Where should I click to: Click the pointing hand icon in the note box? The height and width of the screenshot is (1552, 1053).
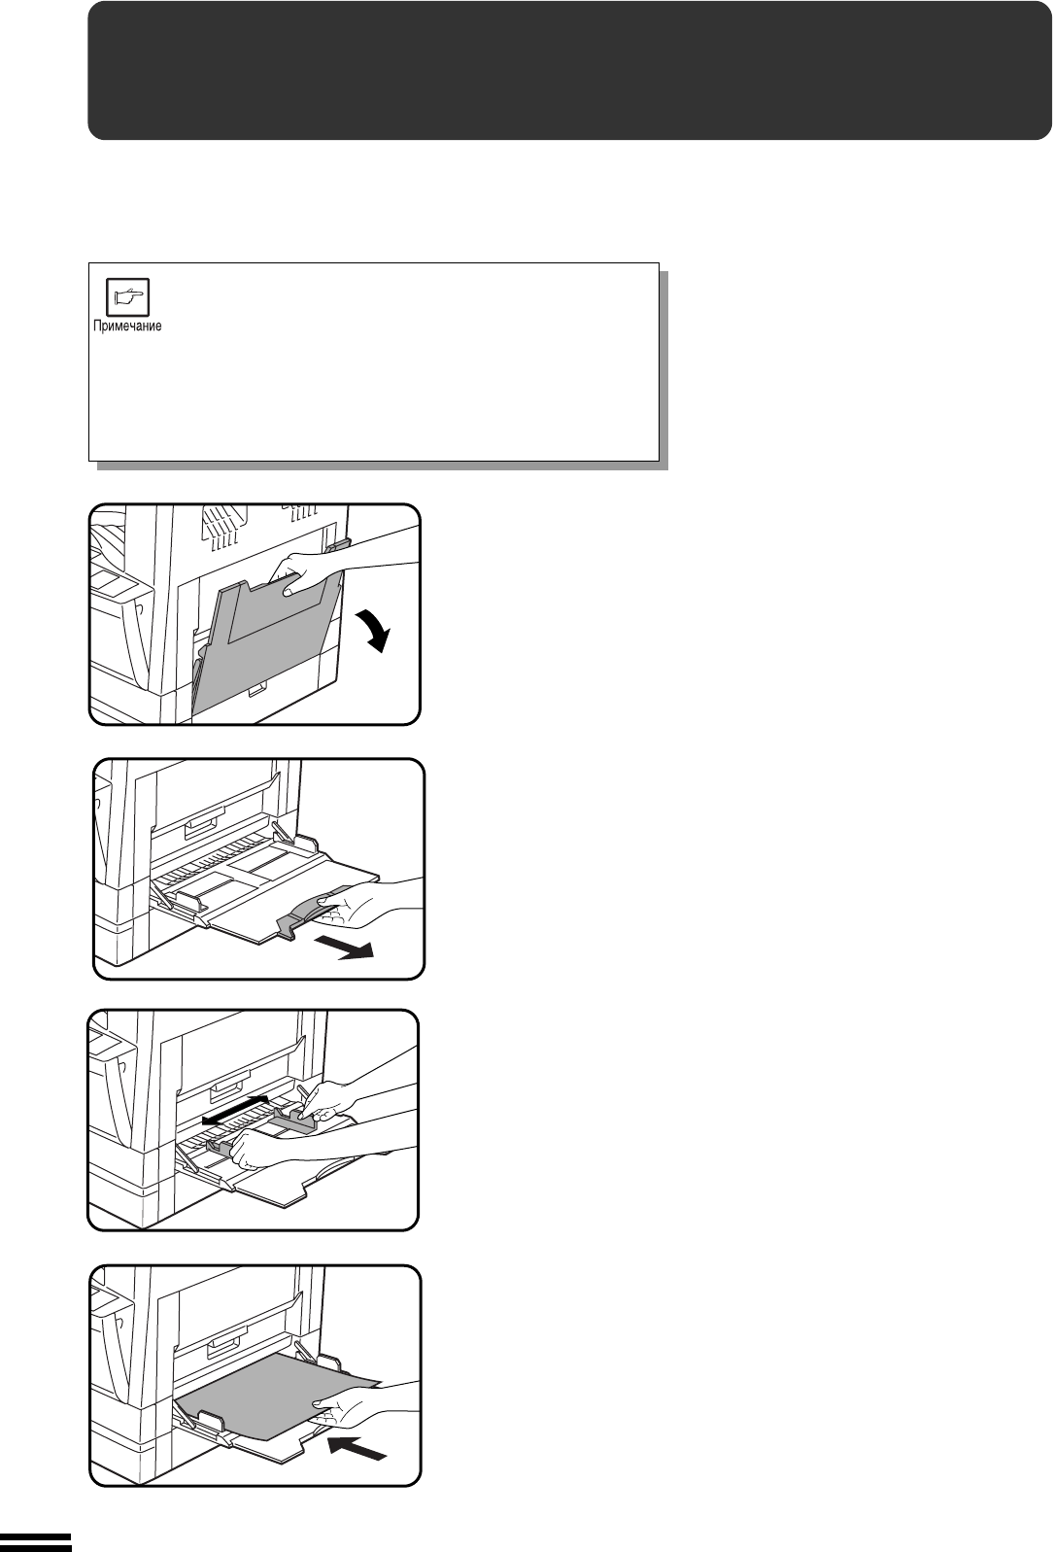128,297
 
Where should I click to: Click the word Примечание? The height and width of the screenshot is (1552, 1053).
127,327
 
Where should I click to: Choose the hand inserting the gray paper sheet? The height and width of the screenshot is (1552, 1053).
363,1404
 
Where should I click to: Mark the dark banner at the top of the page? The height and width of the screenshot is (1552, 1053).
569,70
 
